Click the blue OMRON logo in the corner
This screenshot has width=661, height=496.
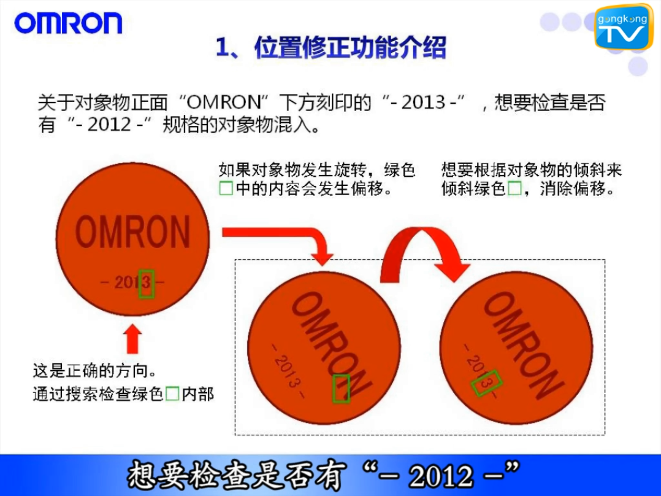68,23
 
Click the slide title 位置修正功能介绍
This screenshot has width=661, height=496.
331,47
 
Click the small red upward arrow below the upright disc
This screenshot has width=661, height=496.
132,339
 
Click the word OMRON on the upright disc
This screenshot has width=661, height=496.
133,232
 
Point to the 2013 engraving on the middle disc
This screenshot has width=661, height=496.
288,370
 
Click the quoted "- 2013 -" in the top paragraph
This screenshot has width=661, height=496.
423,102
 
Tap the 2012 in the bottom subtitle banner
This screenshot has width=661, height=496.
440,476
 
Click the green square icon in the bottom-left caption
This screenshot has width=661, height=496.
172,393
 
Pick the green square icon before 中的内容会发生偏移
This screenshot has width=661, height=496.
226,188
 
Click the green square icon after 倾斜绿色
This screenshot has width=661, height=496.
514,188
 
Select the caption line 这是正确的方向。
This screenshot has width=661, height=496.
95,371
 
